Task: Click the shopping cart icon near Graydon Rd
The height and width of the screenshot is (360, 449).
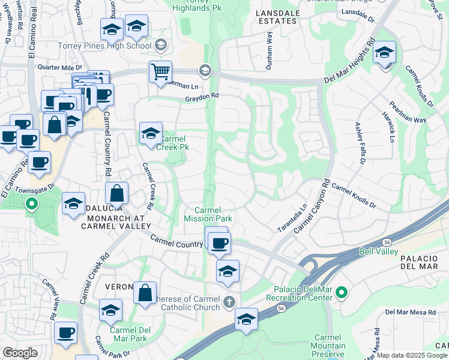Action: [x=161, y=72]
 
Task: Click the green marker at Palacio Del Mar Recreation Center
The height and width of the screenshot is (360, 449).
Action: [x=342, y=293]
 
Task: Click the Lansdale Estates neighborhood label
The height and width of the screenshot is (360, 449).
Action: [x=276, y=16]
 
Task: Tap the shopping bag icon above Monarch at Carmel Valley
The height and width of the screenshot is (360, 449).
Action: [x=117, y=194]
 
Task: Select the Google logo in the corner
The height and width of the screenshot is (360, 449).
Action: [x=20, y=353]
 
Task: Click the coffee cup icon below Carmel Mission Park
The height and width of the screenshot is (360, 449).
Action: [x=219, y=242]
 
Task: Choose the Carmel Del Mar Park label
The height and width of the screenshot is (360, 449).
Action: [x=128, y=334]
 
